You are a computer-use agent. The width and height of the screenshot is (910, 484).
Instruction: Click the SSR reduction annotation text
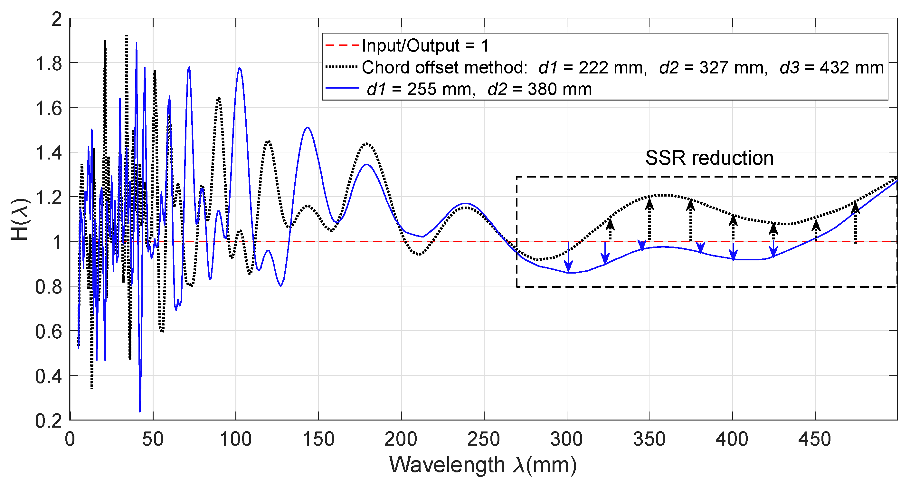[x=709, y=158]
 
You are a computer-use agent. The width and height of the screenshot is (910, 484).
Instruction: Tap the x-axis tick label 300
[x=567, y=440]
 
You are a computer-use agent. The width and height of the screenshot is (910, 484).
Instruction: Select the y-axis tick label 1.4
[x=49, y=153]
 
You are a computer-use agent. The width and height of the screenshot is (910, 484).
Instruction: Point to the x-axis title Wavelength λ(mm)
[x=483, y=465]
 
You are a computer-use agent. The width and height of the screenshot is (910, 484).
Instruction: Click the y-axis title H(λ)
[x=20, y=219]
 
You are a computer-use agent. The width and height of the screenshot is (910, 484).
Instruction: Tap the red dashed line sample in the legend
[x=342, y=46]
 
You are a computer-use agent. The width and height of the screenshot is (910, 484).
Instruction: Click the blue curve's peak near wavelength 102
[x=240, y=68]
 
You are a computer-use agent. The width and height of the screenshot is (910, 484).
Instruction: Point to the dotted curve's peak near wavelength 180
[x=367, y=143]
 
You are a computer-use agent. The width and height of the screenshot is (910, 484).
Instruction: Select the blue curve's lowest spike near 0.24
[x=140, y=411]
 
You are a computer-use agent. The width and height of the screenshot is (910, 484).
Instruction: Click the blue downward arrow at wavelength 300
[x=568, y=257]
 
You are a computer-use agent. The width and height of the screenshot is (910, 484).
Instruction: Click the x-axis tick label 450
[x=815, y=440]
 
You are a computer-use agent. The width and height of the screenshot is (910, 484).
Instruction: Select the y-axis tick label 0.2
[x=49, y=421]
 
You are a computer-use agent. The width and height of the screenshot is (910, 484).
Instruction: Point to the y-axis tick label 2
[x=57, y=19]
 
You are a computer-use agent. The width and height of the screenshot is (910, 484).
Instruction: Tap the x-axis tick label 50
[x=153, y=440]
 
